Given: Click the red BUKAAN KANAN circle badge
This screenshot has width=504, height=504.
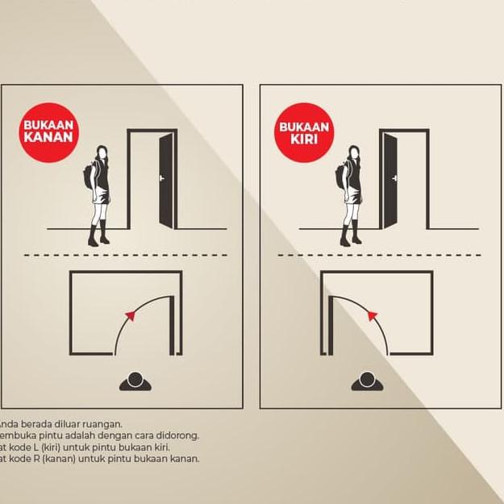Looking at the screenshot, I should click(48, 131).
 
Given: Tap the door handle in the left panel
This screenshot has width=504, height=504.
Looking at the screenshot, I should click(161, 177).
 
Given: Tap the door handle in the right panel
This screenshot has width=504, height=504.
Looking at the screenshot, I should click(395, 177).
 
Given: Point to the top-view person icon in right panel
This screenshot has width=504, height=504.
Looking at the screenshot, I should click(366, 381).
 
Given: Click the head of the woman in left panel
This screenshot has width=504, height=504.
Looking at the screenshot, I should click(102, 152).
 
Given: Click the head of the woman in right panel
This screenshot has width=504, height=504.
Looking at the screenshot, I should click(354, 152).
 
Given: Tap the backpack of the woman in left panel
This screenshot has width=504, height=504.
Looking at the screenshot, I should click(89, 177).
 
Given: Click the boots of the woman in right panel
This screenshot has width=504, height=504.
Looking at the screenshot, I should click(351, 237).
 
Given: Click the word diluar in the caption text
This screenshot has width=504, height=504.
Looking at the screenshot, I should click(77, 423).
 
